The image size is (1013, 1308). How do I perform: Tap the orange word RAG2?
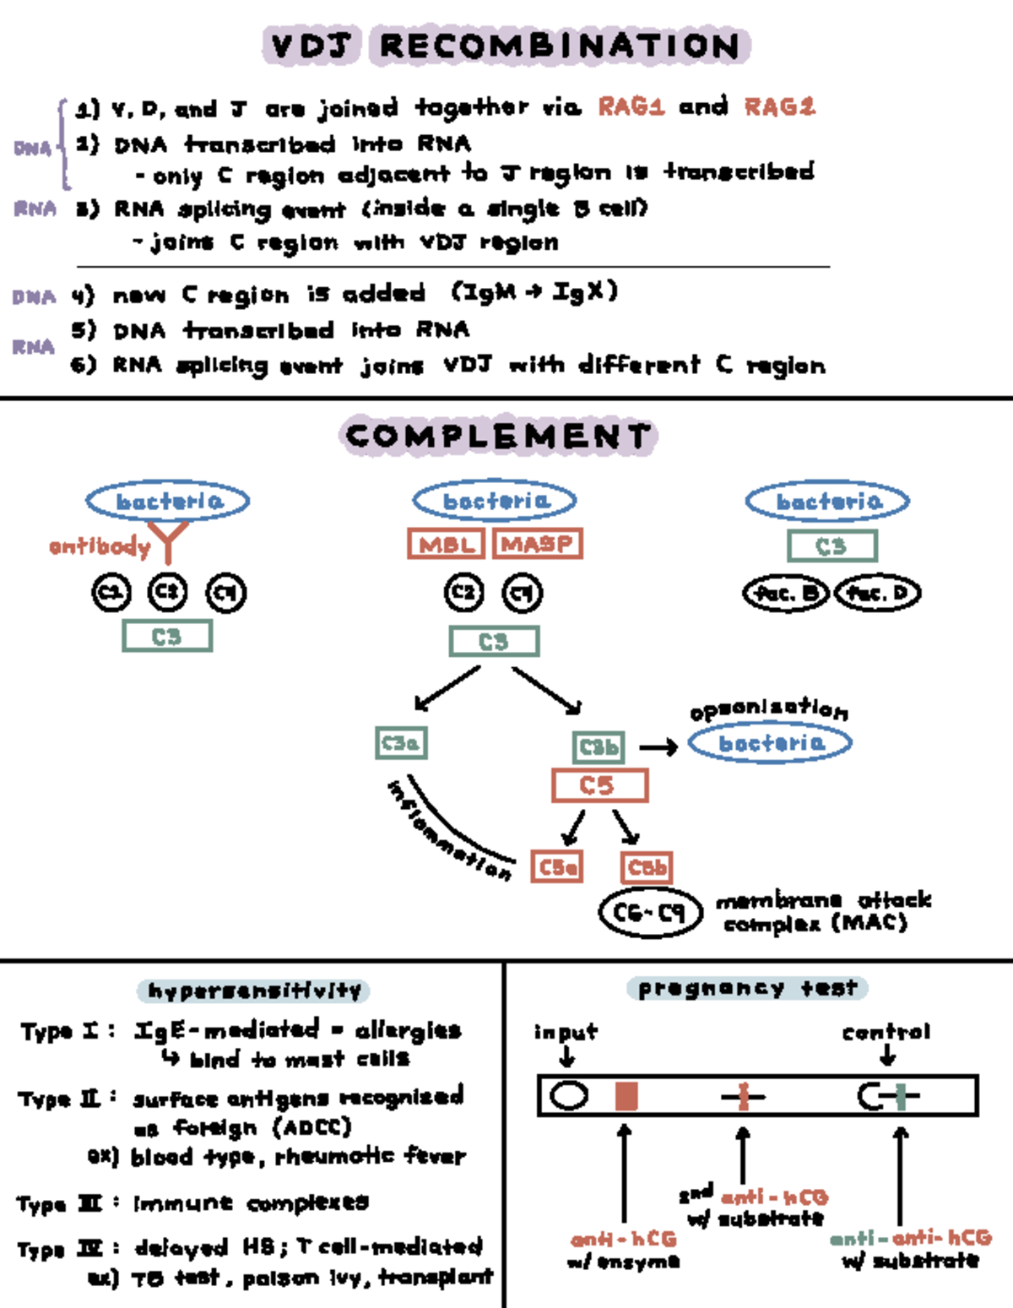[778, 106]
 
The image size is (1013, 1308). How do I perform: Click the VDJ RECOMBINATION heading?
[506, 46]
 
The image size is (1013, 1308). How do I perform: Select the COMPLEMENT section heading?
[498, 437]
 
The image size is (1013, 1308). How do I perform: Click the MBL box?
[446, 544]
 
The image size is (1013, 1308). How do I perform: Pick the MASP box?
[538, 544]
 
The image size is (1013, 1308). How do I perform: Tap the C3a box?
[400, 743]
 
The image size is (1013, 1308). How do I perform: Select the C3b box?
[599, 747]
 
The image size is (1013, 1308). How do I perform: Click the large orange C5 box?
[599, 785]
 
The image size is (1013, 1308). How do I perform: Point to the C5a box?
[557, 867]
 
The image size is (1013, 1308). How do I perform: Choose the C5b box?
[647, 867]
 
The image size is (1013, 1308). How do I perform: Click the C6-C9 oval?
[650, 913]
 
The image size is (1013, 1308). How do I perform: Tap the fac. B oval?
[785, 594]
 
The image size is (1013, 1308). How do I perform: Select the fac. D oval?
[877, 594]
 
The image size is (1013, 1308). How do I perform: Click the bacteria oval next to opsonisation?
[770, 743]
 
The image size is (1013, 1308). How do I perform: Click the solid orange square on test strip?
[626, 1096]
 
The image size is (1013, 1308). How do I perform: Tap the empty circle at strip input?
[568, 1096]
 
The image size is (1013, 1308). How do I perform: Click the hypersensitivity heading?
[253, 990]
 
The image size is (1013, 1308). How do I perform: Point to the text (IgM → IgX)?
[534, 292]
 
